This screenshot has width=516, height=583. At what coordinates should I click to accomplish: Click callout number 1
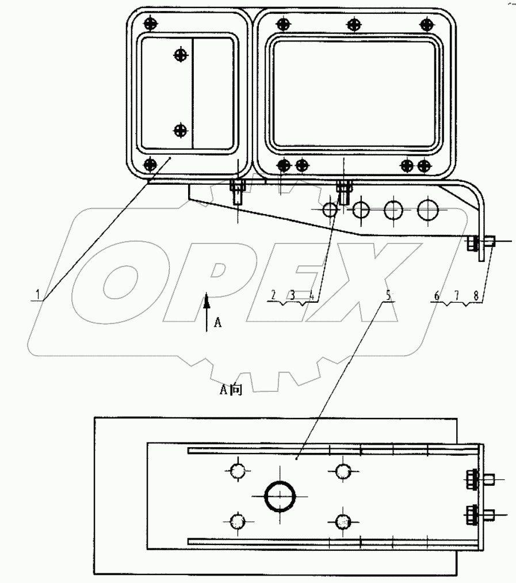(x=37, y=294)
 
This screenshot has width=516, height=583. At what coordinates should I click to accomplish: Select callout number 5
(x=388, y=295)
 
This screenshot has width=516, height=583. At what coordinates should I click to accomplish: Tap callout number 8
(x=476, y=295)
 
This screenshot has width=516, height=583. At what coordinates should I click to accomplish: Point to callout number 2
(x=274, y=295)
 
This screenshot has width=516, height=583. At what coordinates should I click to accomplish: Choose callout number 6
(x=437, y=295)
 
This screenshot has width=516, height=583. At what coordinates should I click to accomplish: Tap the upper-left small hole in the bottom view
(x=238, y=471)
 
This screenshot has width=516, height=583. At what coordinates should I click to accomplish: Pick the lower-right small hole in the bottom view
(x=343, y=521)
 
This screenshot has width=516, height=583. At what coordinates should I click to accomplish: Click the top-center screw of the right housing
(x=354, y=24)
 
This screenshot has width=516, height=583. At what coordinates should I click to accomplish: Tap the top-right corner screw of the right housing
(x=426, y=24)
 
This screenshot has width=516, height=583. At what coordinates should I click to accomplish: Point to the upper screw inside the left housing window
(x=181, y=55)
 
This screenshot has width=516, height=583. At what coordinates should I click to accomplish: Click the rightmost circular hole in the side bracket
(x=427, y=209)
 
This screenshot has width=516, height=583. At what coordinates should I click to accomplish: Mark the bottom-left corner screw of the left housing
(x=150, y=165)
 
